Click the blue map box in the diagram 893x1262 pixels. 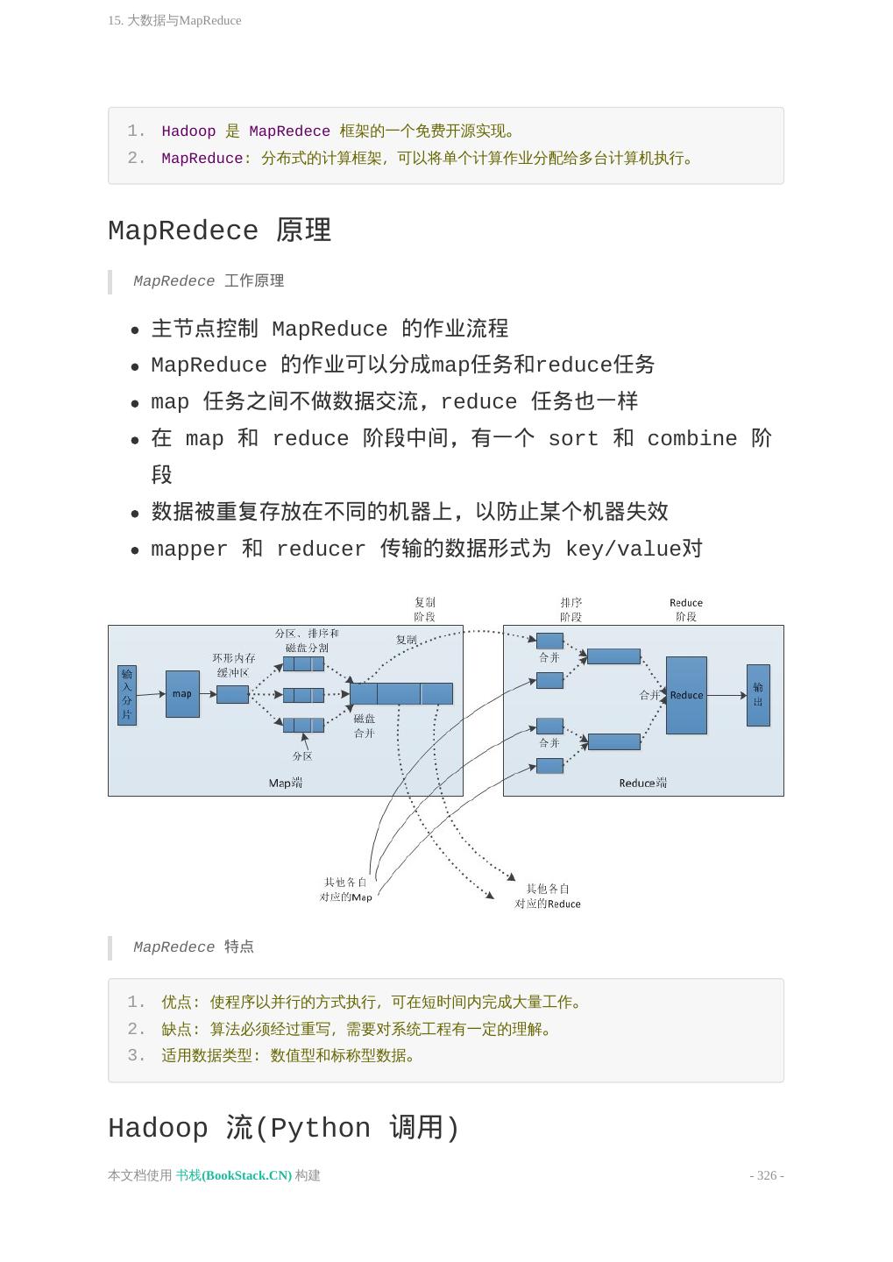(x=182, y=694)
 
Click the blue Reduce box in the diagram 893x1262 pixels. (x=686, y=695)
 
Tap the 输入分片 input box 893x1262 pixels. (x=127, y=695)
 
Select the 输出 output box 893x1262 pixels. (x=758, y=695)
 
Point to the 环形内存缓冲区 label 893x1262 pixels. (x=233, y=665)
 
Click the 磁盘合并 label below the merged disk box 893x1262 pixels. (x=365, y=726)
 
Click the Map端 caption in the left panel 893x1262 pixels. (x=286, y=783)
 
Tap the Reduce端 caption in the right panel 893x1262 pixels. (x=642, y=783)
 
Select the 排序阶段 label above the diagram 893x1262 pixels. (x=571, y=609)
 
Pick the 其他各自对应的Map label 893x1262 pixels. (x=345, y=890)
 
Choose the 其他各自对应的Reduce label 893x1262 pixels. (x=548, y=896)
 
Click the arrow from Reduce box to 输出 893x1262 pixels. (x=726, y=695)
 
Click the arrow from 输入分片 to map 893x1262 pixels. (x=151, y=694)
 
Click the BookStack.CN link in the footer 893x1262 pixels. (x=234, y=1175)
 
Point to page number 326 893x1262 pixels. (x=767, y=1175)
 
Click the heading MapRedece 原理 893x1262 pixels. (x=219, y=230)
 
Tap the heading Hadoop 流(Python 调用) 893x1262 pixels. (x=283, y=1128)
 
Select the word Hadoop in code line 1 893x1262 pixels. (x=188, y=131)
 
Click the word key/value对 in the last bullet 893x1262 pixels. (x=634, y=549)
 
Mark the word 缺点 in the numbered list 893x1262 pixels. (x=177, y=1029)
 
